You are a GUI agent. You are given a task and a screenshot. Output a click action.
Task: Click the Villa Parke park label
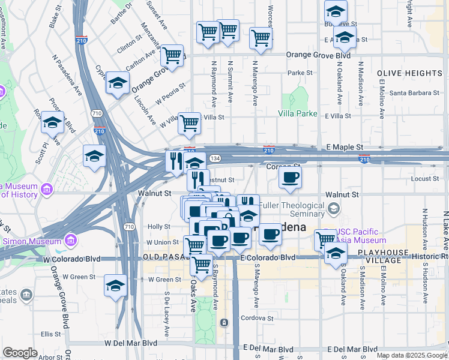(x=297, y=113)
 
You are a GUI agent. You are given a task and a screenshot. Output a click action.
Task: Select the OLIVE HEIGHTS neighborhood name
(x=410, y=73)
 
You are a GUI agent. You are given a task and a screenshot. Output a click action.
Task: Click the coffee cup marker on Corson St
(x=290, y=178)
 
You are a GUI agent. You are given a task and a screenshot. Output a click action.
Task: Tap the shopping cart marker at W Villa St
(x=190, y=123)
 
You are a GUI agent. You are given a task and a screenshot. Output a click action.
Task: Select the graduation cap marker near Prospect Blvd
(x=53, y=123)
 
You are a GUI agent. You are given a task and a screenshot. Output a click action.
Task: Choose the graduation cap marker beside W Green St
(x=115, y=285)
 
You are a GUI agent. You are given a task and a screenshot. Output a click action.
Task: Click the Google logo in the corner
(x=20, y=353)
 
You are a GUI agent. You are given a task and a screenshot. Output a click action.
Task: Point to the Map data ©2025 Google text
(x=412, y=355)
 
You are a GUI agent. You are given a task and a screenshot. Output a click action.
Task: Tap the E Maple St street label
(x=345, y=147)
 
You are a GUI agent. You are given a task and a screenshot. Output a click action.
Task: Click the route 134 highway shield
(x=215, y=157)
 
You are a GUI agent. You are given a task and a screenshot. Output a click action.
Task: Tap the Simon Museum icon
(x=71, y=241)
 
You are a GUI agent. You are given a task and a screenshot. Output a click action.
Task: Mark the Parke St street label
(x=300, y=73)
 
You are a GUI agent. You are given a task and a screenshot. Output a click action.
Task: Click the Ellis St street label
(x=51, y=334)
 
